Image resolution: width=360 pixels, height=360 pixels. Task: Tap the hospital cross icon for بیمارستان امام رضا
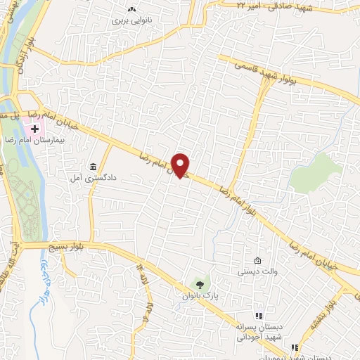[34, 130]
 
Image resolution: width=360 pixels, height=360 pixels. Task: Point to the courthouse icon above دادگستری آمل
[93, 167]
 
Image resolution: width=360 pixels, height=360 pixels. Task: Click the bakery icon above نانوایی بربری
[131, 9]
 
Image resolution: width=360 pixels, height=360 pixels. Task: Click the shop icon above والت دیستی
[257, 260]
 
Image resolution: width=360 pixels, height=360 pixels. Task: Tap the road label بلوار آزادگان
[21, 70]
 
